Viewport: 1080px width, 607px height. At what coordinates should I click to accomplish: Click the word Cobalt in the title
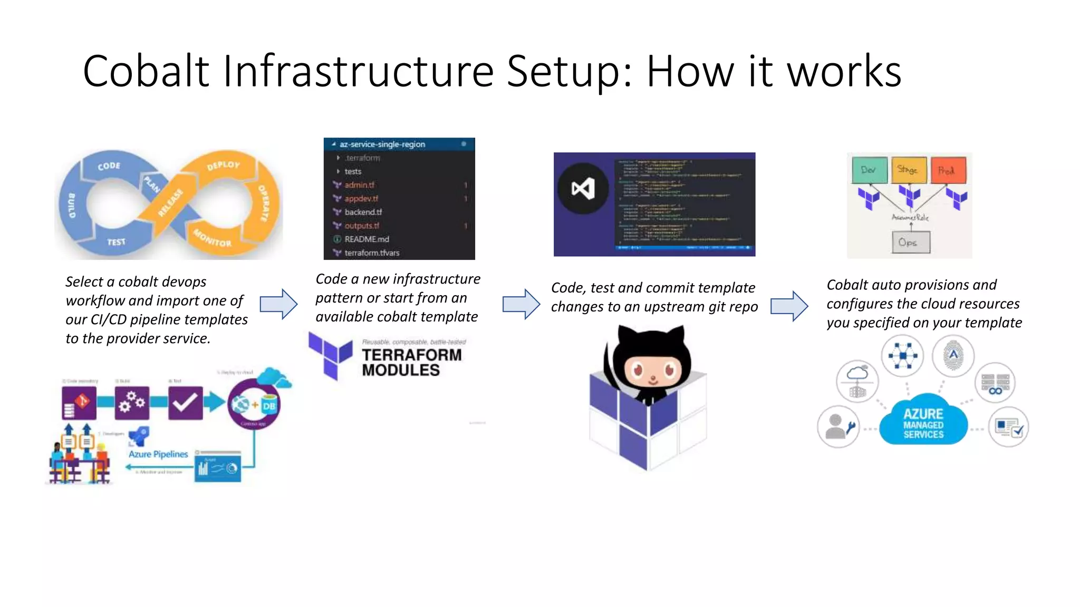click(x=146, y=71)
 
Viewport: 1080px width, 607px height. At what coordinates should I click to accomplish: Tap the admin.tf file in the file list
click(x=359, y=185)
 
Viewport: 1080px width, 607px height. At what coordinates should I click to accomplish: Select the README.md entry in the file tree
click(x=367, y=239)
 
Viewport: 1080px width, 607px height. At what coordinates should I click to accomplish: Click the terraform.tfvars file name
click(x=372, y=253)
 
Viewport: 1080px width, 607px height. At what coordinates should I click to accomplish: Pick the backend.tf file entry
click(x=363, y=212)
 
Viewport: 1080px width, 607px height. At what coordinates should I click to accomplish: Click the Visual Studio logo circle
click(x=583, y=188)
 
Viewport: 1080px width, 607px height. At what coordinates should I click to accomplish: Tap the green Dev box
click(x=869, y=170)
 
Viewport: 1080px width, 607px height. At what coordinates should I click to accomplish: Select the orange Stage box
click(x=908, y=170)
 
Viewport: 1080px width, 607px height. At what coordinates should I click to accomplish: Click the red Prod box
click(x=948, y=170)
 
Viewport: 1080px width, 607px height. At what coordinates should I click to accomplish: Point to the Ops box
click(x=911, y=243)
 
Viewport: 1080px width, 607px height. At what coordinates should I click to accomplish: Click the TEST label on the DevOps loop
click(x=117, y=242)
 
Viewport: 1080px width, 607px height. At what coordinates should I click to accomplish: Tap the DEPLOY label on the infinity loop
click(x=224, y=165)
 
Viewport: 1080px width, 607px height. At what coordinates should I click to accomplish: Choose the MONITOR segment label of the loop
click(x=212, y=239)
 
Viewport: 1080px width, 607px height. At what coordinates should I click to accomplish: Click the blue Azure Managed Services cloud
click(x=923, y=423)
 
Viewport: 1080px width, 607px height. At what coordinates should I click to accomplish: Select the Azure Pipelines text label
click(x=158, y=454)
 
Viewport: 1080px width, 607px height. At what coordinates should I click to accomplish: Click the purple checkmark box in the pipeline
click(x=185, y=403)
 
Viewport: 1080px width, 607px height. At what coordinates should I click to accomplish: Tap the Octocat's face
click(x=652, y=369)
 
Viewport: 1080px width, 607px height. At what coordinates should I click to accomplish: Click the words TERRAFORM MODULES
click(x=411, y=363)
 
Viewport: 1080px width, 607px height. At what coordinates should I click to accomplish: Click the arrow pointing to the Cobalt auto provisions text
click(x=789, y=306)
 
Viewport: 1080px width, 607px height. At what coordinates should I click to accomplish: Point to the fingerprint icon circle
click(x=952, y=356)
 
